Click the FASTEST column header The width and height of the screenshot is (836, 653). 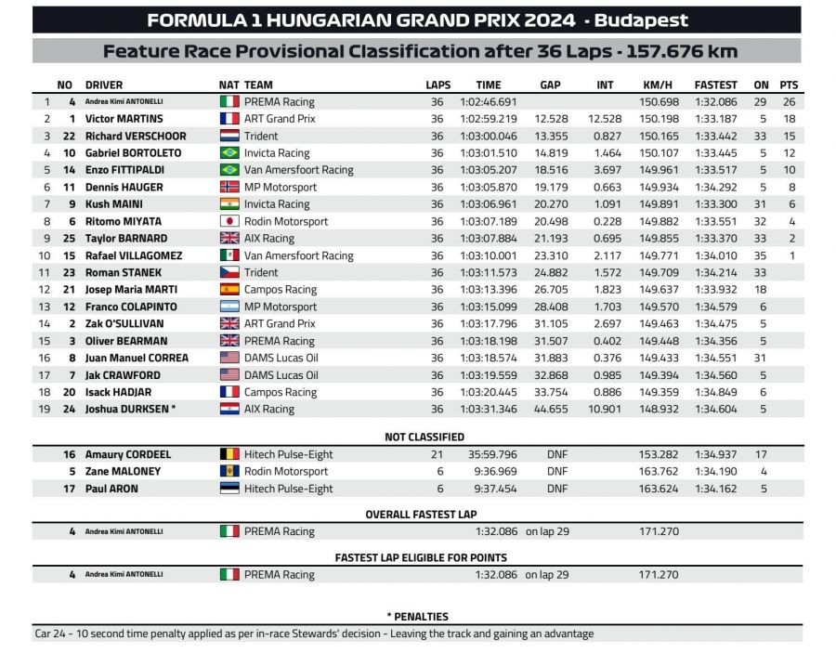click(x=715, y=85)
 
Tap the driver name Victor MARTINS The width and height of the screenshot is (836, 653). click(x=124, y=119)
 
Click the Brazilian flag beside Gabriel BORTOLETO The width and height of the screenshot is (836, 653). click(x=229, y=153)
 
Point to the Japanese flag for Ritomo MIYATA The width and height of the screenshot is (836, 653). click(x=229, y=222)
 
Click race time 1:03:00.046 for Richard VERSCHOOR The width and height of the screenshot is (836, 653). click(x=488, y=136)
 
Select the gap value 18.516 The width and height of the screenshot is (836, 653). click(x=551, y=170)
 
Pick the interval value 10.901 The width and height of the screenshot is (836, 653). click(x=605, y=409)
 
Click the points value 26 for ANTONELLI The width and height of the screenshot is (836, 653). click(x=790, y=101)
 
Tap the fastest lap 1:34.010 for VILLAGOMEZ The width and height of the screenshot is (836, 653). click(x=715, y=255)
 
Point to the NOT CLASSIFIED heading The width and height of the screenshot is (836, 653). click(x=425, y=437)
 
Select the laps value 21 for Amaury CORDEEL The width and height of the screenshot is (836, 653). click(x=437, y=454)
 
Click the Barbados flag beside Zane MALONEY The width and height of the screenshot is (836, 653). click(x=229, y=472)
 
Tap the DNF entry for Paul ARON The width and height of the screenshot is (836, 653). click(x=556, y=489)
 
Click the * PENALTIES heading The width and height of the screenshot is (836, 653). click(x=417, y=616)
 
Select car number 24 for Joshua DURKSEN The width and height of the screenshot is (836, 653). click(x=69, y=409)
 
